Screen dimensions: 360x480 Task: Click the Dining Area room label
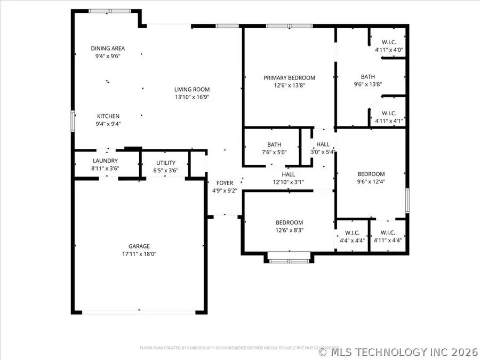(108, 49)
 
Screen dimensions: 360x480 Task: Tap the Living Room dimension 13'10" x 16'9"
(192, 97)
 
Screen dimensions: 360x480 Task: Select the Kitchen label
(108, 116)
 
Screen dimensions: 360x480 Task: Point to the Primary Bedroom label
(289, 77)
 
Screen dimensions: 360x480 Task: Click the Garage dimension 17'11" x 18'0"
(139, 254)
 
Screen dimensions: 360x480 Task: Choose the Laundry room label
(105, 161)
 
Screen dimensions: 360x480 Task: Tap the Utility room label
(166, 163)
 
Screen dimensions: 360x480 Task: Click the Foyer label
(225, 183)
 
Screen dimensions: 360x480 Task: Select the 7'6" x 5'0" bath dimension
(274, 152)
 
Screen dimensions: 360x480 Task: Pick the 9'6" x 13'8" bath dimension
(367, 84)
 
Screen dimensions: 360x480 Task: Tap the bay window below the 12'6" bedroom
(289, 260)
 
